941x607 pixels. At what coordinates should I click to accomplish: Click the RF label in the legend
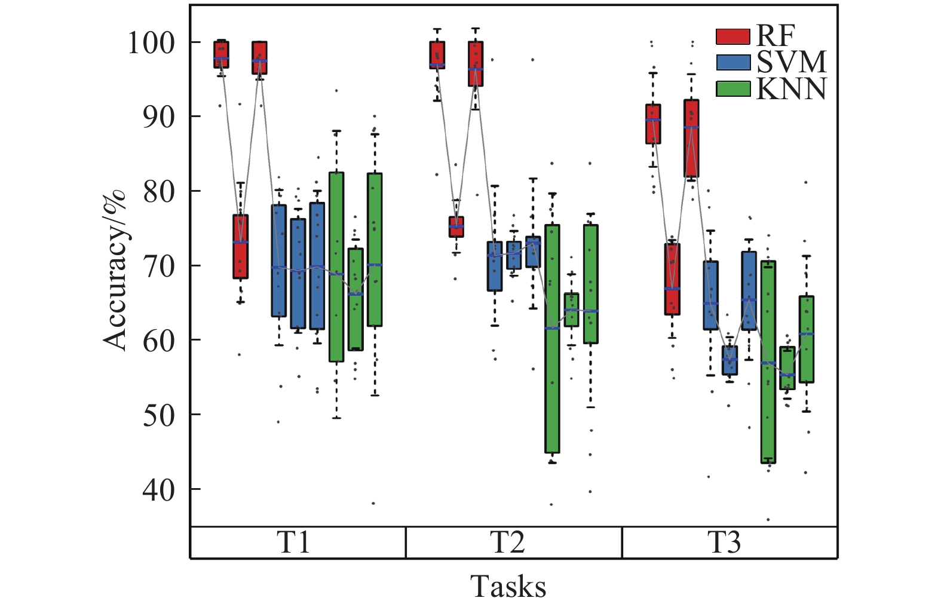776,36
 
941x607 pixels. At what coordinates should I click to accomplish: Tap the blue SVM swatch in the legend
732,63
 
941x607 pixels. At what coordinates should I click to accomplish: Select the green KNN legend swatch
732,89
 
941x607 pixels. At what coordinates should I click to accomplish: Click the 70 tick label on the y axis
158,266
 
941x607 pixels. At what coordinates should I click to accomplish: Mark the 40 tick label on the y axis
158,490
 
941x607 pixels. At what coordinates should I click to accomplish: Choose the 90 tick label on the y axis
158,117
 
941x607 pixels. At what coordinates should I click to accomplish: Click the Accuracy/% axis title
115,269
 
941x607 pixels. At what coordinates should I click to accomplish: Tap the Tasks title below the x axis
508,586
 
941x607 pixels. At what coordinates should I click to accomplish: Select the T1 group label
294,542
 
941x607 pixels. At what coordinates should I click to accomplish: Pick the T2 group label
508,542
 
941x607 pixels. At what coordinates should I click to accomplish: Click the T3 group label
724,542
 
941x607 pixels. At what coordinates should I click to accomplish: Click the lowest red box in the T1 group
240,247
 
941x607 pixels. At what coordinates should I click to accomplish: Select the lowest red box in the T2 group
456,227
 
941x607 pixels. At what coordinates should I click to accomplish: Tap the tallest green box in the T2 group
552,339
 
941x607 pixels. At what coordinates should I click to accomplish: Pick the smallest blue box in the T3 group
729,360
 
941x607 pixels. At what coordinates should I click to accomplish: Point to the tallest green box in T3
768,362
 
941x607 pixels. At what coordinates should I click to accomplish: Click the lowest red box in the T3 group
672,279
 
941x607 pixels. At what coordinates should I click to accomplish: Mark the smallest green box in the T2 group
571,309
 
